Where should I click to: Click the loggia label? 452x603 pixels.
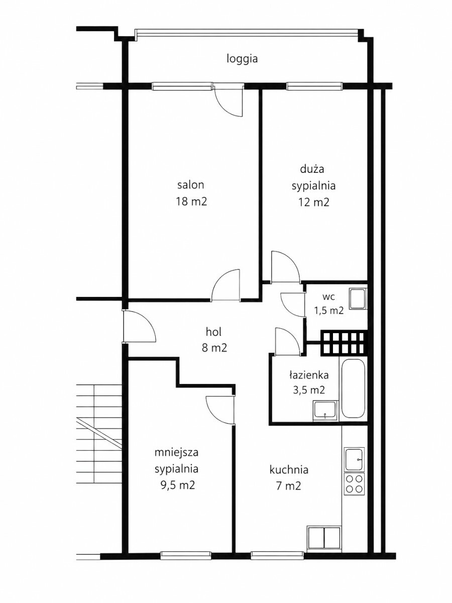pos(242,59)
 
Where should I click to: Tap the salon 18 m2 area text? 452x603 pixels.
pos(191,193)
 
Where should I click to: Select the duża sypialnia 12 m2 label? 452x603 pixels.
pos(313,186)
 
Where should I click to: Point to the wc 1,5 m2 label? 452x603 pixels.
pos(329,304)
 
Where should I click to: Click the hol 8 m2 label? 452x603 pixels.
pos(214,340)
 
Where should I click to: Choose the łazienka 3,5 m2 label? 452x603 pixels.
pos(309,382)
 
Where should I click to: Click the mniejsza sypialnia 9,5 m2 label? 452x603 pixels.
pos(176,469)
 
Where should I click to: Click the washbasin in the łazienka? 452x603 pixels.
pos(325,411)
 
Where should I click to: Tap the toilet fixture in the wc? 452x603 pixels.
pos(358,298)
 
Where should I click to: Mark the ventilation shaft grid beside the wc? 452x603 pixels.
pos(344,343)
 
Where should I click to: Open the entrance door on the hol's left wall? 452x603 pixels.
pos(140,326)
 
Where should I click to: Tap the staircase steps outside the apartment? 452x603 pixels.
pos(99,434)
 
